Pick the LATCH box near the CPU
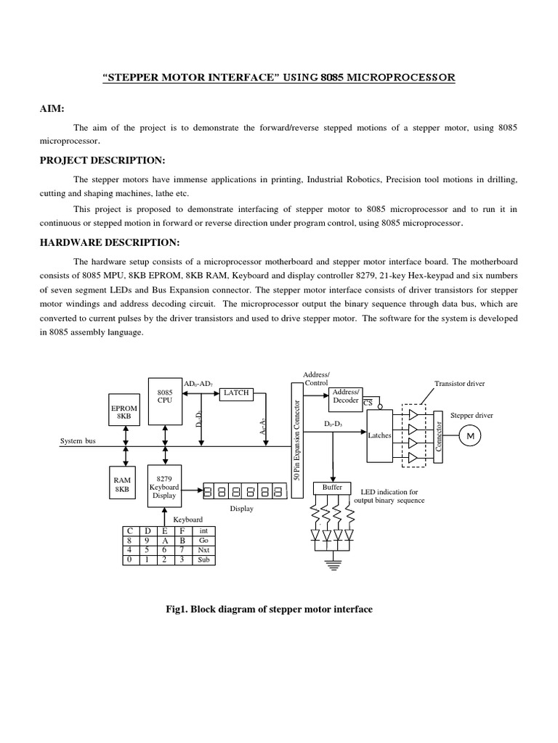point(237,393)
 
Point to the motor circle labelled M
point(469,435)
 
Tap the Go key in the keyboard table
point(203,541)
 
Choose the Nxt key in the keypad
point(203,550)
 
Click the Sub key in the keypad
point(203,560)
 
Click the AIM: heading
point(52,108)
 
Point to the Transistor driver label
point(459,383)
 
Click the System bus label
point(78,440)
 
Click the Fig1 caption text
point(269,609)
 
